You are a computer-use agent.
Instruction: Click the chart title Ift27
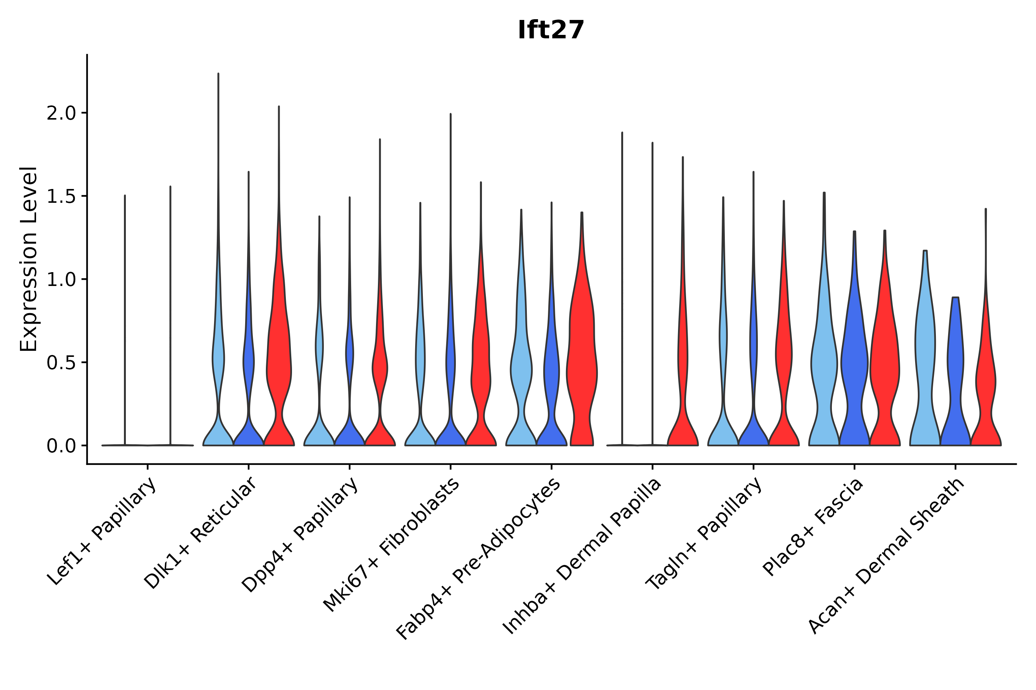pyautogui.click(x=551, y=30)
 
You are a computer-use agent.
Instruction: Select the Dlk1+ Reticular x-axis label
pyautogui.click(x=200, y=533)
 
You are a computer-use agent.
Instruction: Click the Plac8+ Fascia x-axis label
pyautogui.click(x=813, y=527)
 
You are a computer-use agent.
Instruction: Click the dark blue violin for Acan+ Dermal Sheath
pyautogui.click(x=955, y=374)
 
